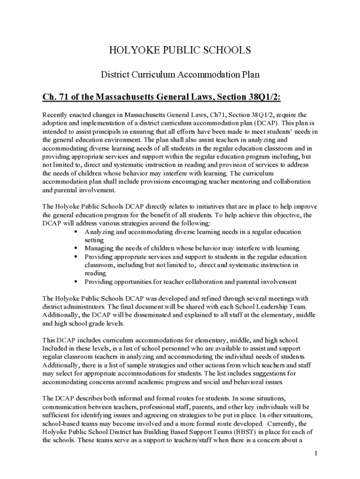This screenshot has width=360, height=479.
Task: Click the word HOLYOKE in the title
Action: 126,51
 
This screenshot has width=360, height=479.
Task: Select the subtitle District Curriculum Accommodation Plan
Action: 180,74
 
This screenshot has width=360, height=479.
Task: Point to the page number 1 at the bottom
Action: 316,453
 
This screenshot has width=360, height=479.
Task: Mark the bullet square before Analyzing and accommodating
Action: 76,232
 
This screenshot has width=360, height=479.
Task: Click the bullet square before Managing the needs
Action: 76,248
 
